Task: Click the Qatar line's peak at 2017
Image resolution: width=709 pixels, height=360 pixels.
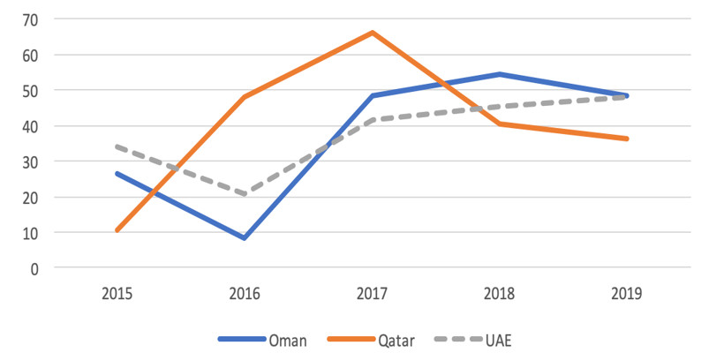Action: [x=372, y=33]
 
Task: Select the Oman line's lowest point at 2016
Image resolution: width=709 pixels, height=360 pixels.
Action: [x=245, y=237]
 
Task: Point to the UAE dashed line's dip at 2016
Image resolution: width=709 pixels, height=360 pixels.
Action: [x=245, y=194]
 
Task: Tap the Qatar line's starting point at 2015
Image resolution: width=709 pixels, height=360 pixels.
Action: [x=117, y=230]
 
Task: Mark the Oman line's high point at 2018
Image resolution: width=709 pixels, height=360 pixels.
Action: [x=499, y=74]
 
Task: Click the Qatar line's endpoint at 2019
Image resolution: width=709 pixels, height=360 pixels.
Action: [x=627, y=139]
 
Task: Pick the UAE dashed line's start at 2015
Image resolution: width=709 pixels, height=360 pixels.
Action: [x=117, y=146]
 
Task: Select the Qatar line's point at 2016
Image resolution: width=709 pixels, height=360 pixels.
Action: [x=245, y=97]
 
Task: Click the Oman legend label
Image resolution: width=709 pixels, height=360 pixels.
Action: [x=288, y=340]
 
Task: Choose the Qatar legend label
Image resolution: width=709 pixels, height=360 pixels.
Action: [x=396, y=340]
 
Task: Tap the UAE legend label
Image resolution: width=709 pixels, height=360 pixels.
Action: [x=499, y=340]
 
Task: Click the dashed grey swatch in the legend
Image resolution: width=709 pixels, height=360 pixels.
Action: [x=458, y=339]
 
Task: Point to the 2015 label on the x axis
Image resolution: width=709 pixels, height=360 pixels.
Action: [x=117, y=294]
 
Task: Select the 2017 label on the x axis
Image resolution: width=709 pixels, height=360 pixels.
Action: [x=372, y=294]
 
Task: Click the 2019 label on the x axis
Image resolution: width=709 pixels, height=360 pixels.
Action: [x=627, y=294]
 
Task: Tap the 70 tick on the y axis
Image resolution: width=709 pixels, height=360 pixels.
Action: [x=31, y=19]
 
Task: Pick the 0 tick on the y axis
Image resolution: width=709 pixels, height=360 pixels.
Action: [x=34, y=269]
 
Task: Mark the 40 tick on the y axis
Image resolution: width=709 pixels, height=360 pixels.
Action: [x=31, y=126]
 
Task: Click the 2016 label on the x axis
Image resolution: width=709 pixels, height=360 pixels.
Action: [x=245, y=294]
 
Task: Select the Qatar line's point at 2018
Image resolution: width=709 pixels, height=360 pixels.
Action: [x=499, y=124]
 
